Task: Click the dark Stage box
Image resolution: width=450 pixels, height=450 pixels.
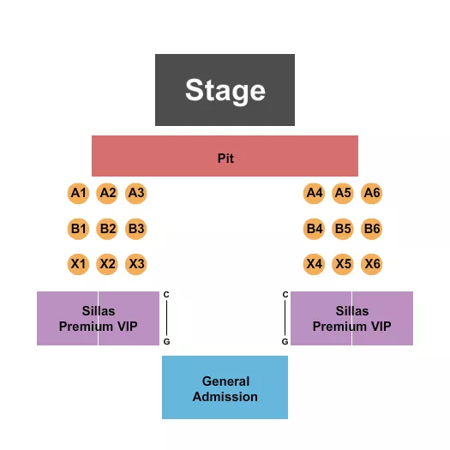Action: tap(225, 90)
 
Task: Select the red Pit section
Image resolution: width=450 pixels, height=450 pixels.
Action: tap(225, 157)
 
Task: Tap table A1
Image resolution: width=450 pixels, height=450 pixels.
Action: tap(79, 194)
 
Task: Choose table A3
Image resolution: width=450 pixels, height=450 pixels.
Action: tap(136, 194)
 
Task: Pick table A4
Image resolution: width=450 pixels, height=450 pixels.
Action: tap(315, 194)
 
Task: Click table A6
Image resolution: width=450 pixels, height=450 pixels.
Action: tap(372, 194)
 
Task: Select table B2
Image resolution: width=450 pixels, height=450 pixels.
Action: tap(107, 229)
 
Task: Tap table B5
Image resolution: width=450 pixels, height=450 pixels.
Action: tap(343, 229)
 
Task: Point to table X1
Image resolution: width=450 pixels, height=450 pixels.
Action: tap(79, 264)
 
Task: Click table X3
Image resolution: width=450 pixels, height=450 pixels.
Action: tap(136, 264)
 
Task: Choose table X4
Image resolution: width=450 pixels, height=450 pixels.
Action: tap(315, 264)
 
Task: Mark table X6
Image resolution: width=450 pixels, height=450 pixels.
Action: tap(372, 264)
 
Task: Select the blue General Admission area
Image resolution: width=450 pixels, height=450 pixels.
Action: tap(225, 388)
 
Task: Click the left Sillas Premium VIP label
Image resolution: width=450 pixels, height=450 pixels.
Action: tap(98, 319)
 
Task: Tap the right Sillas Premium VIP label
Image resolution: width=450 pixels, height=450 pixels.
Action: tap(351, 319)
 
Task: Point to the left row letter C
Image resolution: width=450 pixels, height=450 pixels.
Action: tap(166, 295)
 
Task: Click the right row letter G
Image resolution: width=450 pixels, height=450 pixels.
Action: tap(285, 341)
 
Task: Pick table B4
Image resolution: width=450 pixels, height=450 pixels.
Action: tap(315, 229)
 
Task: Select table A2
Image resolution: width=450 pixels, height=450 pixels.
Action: tap(107, 194)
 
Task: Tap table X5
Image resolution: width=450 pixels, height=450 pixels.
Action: tap(343, 264)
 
